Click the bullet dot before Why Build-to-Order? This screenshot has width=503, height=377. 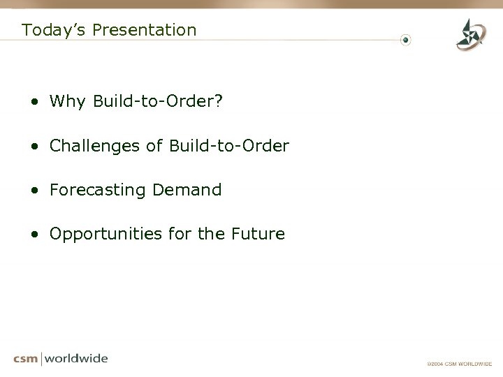(x=34, y=103)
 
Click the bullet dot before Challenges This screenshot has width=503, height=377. (x=34, y=147)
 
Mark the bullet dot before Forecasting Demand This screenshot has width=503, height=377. (x=34, y=191)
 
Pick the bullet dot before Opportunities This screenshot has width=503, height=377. (x=34, y=235)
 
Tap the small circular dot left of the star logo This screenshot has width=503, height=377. (x=407, y=39)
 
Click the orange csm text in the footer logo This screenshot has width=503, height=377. (x=27, y=359)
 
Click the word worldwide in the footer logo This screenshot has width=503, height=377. (x=77, y=359)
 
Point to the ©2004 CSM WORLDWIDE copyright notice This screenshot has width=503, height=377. (x=460, y=364)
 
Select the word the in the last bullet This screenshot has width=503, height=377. (x=210, y=234)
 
